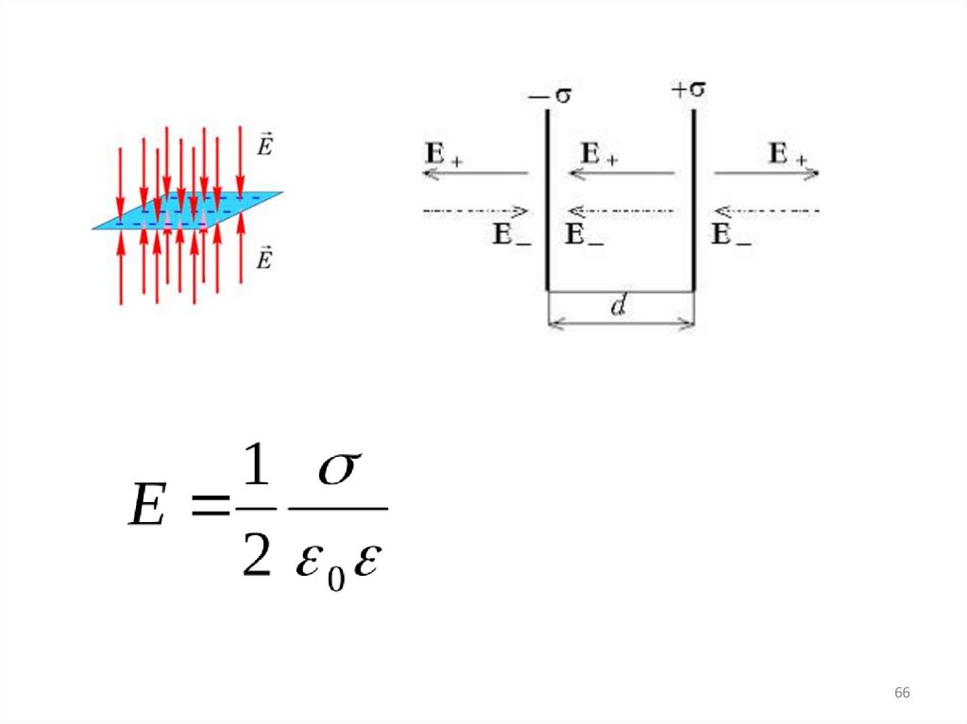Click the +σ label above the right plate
[688, 91]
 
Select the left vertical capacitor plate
[548, 198]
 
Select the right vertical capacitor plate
[694, 198]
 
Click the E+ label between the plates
[600, 155]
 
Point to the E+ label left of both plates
[444, 155]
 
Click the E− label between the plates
[585, 235]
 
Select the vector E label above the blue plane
[264, 145]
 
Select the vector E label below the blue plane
[264, 258]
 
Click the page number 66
[902, 694]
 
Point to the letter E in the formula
[147, 510]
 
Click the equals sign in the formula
[210, 510]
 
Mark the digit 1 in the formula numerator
[254, 469]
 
